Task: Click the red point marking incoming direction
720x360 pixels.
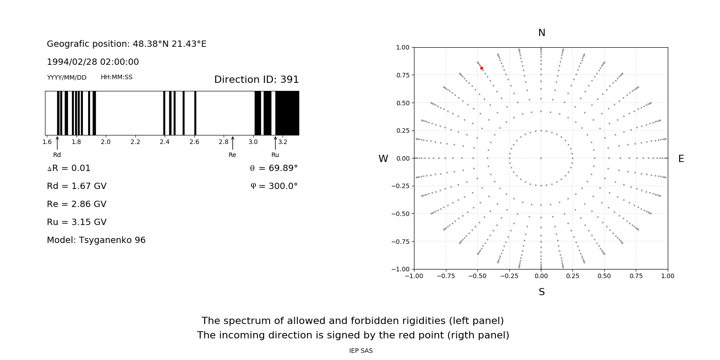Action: (481, 68)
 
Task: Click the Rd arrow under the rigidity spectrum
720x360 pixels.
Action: (57, 143)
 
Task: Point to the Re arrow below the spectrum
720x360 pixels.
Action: (232, 143)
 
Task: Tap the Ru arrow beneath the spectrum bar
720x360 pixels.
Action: (275, 143)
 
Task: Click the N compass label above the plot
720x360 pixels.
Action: (541, 33)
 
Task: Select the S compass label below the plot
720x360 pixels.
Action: (541, 292)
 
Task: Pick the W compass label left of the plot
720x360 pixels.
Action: (383, 159)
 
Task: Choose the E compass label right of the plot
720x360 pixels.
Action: (681, 159)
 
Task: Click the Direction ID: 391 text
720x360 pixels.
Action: (256, 80)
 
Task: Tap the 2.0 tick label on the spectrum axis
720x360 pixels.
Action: (106, 142)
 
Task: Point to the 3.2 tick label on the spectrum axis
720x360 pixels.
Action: (283, 142)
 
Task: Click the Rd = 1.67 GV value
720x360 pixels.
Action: (76, 186)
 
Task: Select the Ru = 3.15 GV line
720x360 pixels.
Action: (76, 222)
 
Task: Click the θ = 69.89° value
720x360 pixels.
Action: (274, 168)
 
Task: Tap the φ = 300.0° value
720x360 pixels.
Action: (274, 186)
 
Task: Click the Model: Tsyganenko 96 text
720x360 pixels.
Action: (96, 240)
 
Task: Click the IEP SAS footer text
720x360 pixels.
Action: (361, 351)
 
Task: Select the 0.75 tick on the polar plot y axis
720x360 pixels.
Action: (403, 75)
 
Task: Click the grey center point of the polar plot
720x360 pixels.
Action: (541, 158)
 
